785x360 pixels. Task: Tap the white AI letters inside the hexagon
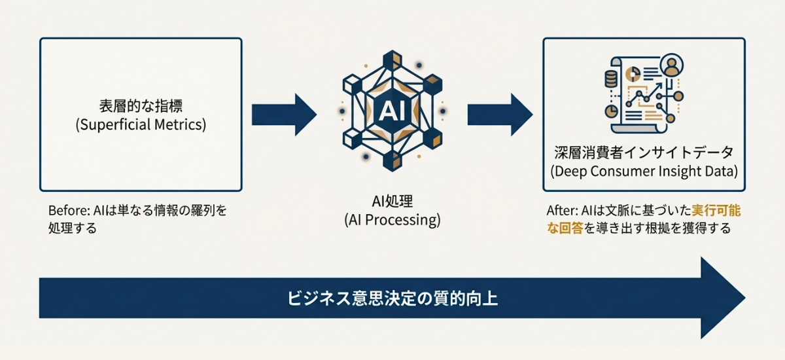(392, 112)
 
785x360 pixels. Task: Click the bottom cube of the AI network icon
(392, 162)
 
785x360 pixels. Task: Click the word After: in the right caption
(562, 212)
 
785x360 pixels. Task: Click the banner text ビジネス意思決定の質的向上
(392, 298)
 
